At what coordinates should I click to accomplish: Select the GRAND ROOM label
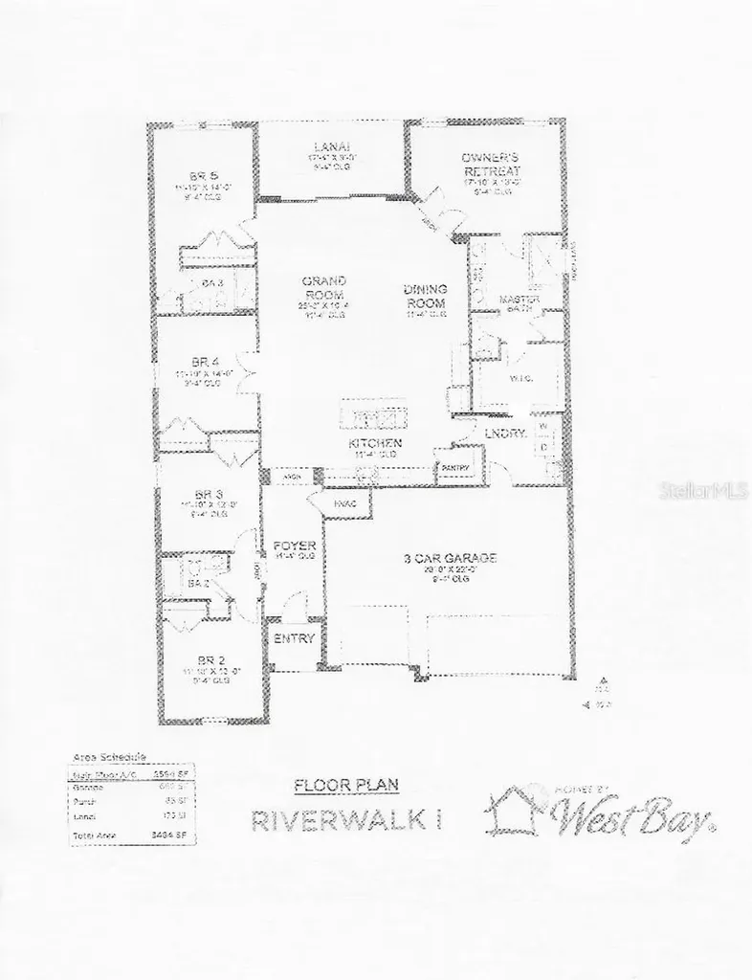click(x=323, y=288)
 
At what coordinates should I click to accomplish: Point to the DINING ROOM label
click(x=425, y=296)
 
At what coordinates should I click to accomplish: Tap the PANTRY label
click(x=453, y=467)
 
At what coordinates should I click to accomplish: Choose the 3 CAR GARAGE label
click(x=449, y=558)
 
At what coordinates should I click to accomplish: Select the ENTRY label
click(x=293, y=639)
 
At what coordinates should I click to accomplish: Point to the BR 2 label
click(x=210, y=660)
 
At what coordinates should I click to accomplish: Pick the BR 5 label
click(x=198, y=176)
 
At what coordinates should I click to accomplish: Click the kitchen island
click(x=373, y=416)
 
